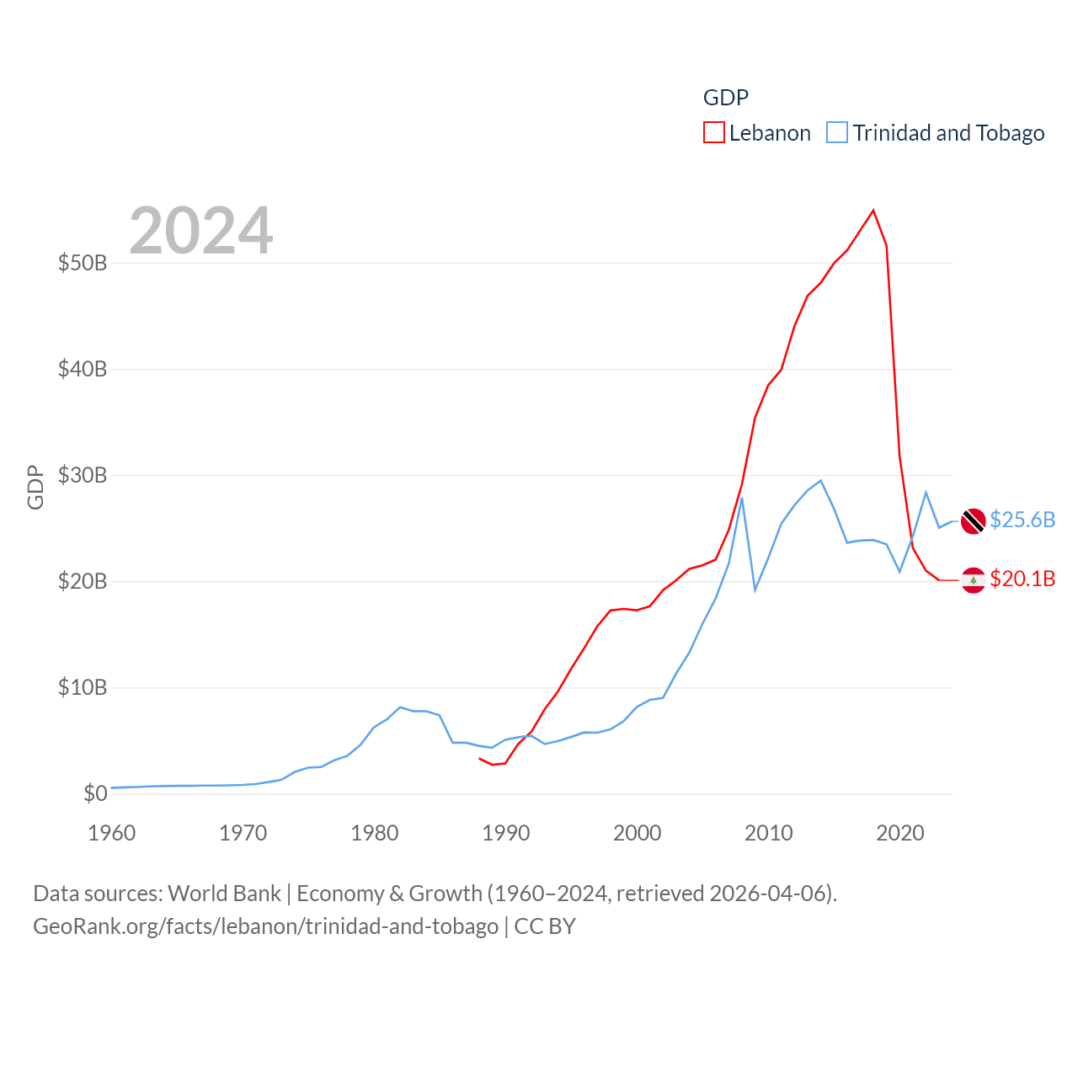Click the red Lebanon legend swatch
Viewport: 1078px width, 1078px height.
coord(713,133)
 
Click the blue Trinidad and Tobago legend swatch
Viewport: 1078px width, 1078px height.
coord(836,133)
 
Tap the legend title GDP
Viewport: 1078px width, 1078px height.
coord(725,98)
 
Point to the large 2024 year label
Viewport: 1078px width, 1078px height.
coord(200,231)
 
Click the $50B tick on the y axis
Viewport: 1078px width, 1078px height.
coord(83,263)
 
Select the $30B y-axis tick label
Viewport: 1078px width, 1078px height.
coord(83,475)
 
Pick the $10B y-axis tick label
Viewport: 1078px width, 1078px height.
coord(83,687)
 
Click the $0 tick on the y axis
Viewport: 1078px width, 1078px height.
coord(95,793)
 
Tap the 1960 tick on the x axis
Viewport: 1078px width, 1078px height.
coord(112,833)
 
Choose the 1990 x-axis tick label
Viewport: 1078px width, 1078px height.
coord(506,833)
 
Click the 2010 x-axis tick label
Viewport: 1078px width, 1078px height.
coord(769,833)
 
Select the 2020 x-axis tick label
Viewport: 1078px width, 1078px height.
coord(900,833)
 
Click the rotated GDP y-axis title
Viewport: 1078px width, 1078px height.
coord(35,487)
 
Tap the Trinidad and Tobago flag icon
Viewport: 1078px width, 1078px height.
coord(973,521)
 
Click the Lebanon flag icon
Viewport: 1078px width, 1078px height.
coord(973,580)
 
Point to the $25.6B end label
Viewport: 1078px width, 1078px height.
coord(1022,520)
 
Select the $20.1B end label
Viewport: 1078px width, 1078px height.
coord(1022,579)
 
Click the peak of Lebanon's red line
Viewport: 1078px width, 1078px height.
coord(873,211)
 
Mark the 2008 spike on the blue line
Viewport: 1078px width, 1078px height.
coord(741,498)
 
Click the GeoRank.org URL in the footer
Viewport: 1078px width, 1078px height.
coord(265,926)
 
